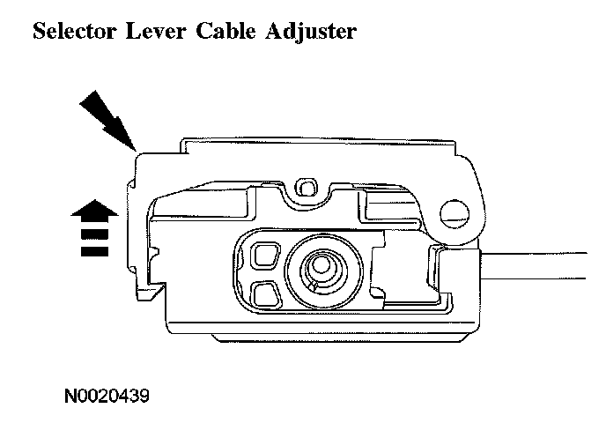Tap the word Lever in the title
151,33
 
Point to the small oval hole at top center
307,187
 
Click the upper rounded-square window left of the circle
262,256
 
